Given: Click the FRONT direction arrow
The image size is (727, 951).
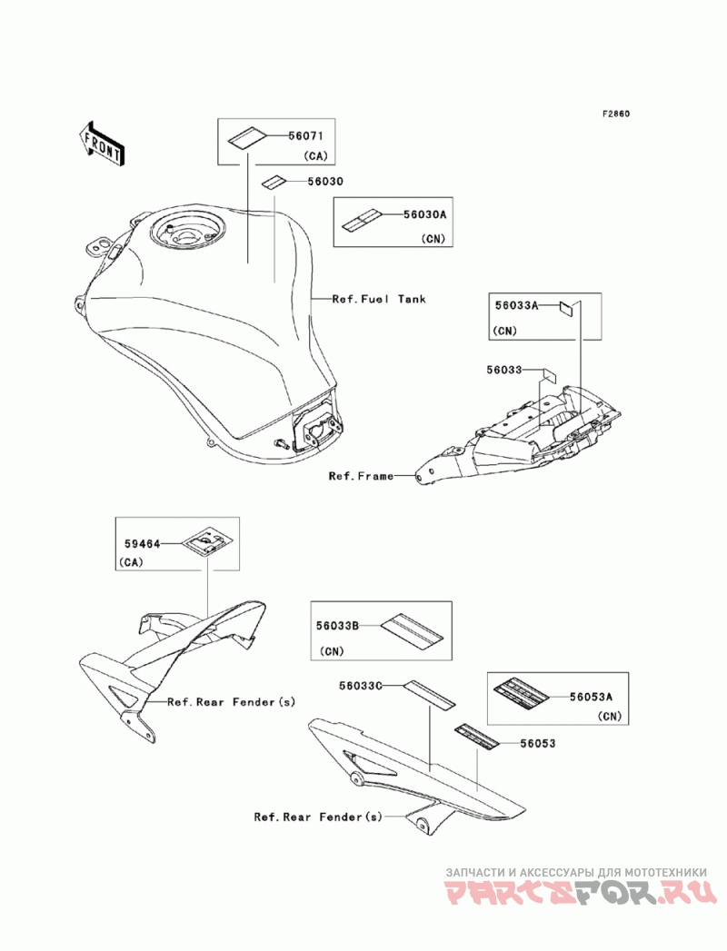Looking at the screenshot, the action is pos(103,144).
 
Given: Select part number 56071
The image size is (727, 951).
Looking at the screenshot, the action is pos(306,136).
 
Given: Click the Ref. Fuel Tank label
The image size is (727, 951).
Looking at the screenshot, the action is pos(379,299).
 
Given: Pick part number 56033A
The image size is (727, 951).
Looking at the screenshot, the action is pos(516,305).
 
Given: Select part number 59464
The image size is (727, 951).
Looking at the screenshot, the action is pos(143,544).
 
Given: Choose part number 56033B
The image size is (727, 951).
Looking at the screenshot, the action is pos(337,625).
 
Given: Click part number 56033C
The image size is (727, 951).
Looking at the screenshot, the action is pos(361,686).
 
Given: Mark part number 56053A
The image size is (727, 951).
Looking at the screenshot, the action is pos(591,698).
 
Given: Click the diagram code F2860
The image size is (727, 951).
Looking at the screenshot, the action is pos(616,114).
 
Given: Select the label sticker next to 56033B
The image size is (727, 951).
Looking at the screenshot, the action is pos(413,629).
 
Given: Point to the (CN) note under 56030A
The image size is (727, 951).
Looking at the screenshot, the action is pos(433,238).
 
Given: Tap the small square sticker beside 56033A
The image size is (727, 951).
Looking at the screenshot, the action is pos(565,309).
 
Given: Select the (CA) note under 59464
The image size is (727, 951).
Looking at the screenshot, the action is pos(131,562).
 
